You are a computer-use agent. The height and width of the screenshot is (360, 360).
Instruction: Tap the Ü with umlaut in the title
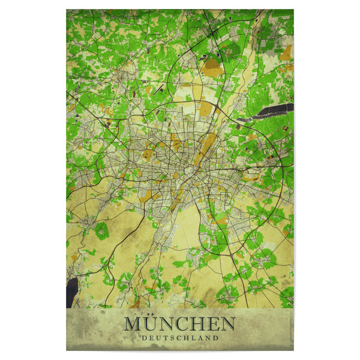(x=151, y=325)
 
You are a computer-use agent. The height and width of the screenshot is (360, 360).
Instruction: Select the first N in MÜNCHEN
(x=167, y=325)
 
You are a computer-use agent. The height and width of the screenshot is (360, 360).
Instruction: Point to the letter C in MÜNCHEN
(x=183, y=325)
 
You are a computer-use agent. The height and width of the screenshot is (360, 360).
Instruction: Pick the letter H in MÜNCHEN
(x=199, y=325)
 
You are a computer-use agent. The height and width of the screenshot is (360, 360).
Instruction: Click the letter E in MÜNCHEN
(x=213, y=325)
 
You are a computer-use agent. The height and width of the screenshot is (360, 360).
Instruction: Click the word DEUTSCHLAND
(x=180, y=338)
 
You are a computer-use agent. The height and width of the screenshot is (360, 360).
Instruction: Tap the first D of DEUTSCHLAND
(x=144, y=338)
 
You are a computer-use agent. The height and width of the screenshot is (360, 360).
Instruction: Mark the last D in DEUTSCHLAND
(x=216, y=338)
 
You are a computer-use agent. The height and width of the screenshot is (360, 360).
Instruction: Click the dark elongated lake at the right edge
(x=273, y=110)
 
